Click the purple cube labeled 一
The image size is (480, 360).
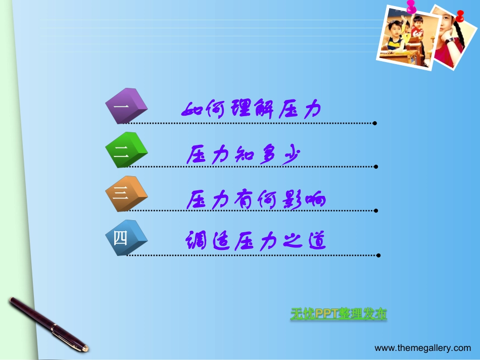[126, 106]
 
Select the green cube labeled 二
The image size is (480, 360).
[126, 150]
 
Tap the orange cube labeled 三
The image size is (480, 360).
[126, 193]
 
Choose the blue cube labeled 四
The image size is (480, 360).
[126, 237]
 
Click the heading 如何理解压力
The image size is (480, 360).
[251, 109]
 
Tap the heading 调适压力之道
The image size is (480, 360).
[255, 241]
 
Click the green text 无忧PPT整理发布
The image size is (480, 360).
[339, 314]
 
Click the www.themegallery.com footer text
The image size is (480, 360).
[422, 348]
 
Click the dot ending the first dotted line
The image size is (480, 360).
[374, 123]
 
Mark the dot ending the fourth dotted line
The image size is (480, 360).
[377, 255]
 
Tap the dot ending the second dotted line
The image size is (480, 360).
[376, 166]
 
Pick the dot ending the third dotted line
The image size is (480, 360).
[376, 210]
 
